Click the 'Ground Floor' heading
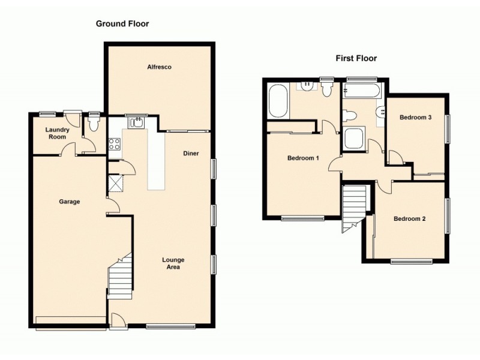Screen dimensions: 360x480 coord(122,24)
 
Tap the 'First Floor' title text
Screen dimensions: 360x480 coord(356,58)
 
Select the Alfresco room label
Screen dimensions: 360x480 coord(160,67)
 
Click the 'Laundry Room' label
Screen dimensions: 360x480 coord(58,133)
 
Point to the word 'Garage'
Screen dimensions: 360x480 coord(69,202)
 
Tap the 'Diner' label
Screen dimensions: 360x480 coord(191,153)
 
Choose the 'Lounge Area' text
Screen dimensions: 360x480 coord(173,263)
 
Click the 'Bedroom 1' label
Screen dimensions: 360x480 coord(303,158)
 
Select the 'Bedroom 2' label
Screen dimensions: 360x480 coord(409,219)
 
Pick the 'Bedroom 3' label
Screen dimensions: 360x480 coord(416,118)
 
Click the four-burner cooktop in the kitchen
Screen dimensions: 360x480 coord(114,144)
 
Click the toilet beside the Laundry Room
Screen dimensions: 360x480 coord(94,124)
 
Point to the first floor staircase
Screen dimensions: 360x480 coord(354,207)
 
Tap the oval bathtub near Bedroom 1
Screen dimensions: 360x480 coord(278,101)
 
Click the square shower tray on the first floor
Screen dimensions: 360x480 coord(353,139)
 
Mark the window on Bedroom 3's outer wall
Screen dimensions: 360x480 coord(446,128)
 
